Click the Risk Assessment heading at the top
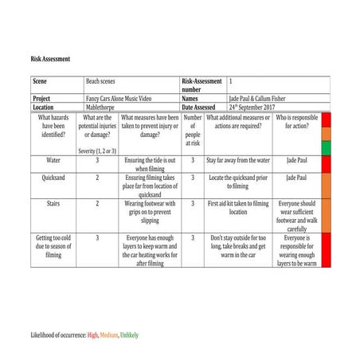coord(51,59)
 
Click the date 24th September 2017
coord(256,107)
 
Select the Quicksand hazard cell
coord(53,178)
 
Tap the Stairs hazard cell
coord(53,204)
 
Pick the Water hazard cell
coord(53,160)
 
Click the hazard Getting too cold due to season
coord(53,245)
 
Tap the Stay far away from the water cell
coord(239,160)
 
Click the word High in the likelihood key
coord(93,335)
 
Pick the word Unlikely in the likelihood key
coord(131,335)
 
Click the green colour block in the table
coord(326,148)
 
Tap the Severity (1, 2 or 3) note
coord(97,150)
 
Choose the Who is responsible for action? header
coord(297,121)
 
